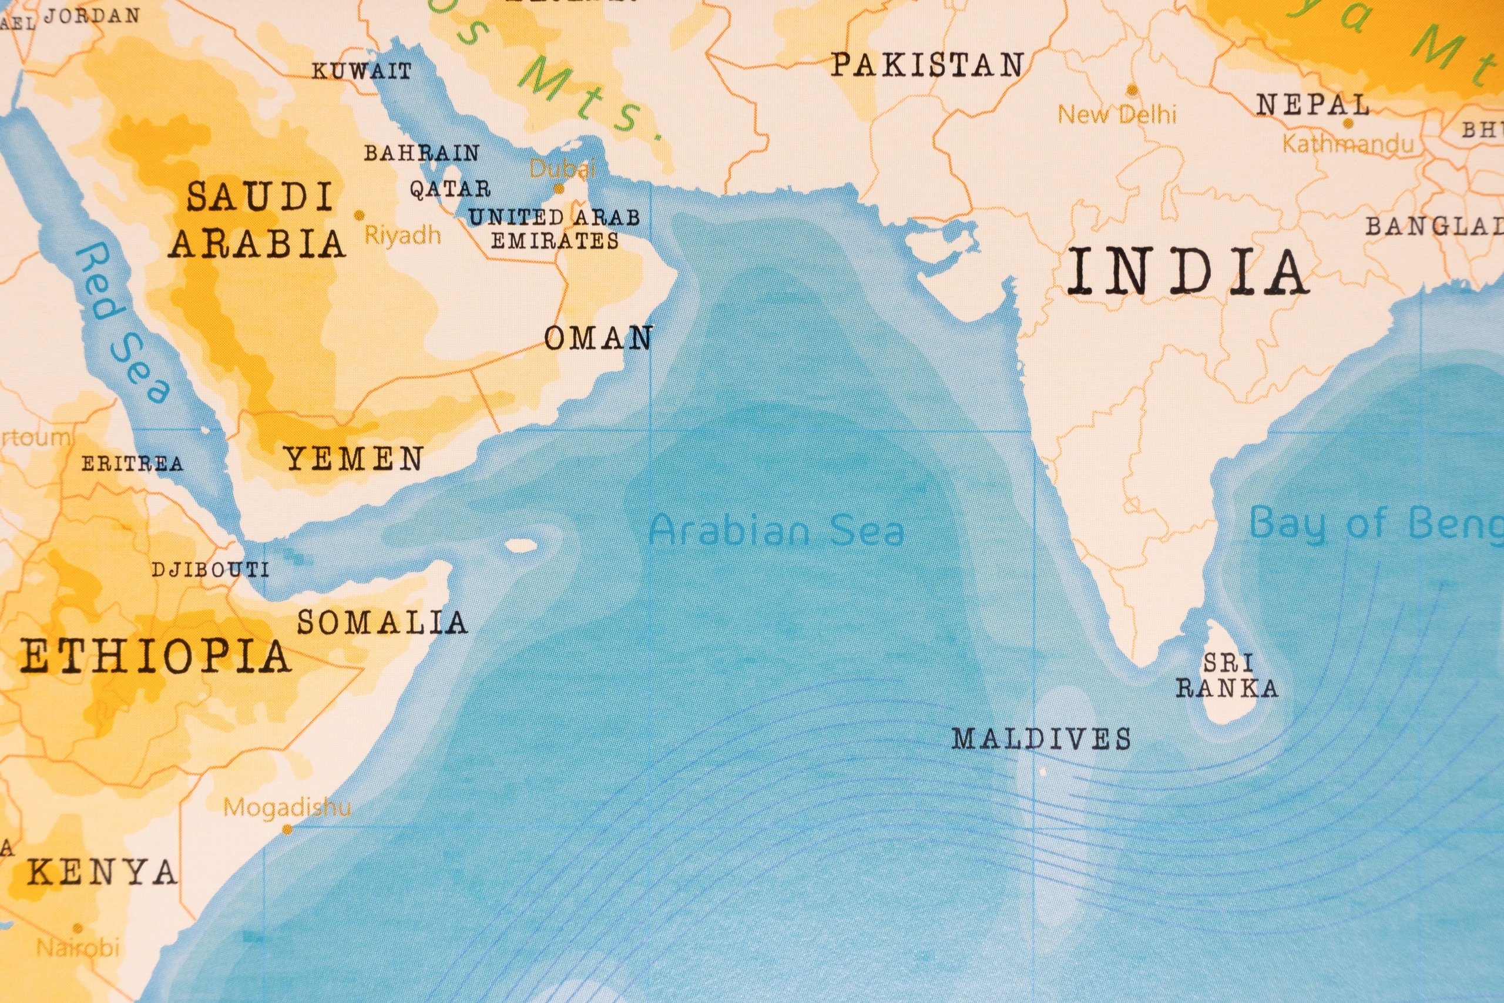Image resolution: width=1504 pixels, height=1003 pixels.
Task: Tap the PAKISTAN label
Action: point(927,65)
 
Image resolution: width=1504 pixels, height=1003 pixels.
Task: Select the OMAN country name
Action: point(598,338)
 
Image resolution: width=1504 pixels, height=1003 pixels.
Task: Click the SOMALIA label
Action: point(382,622)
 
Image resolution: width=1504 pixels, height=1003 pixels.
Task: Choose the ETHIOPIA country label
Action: point(155,656)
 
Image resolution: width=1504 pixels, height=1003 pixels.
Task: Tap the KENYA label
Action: point(102,872)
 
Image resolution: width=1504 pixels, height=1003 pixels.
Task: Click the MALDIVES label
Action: point(1041,739)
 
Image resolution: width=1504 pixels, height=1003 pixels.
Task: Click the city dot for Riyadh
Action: point(360,216)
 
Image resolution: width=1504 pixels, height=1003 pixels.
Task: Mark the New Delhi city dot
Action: point(1132,89)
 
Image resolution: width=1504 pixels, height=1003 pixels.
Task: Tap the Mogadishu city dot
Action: point(288,830)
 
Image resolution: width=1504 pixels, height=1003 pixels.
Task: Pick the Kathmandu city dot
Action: point(1348,123)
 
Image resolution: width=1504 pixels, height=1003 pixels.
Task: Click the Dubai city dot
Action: point(558,189)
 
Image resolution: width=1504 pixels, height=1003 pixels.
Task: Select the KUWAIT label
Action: point(361,71)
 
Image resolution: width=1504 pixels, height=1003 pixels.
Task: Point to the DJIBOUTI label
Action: point(210,569)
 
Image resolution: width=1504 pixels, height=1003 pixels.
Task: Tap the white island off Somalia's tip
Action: point(521,546)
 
